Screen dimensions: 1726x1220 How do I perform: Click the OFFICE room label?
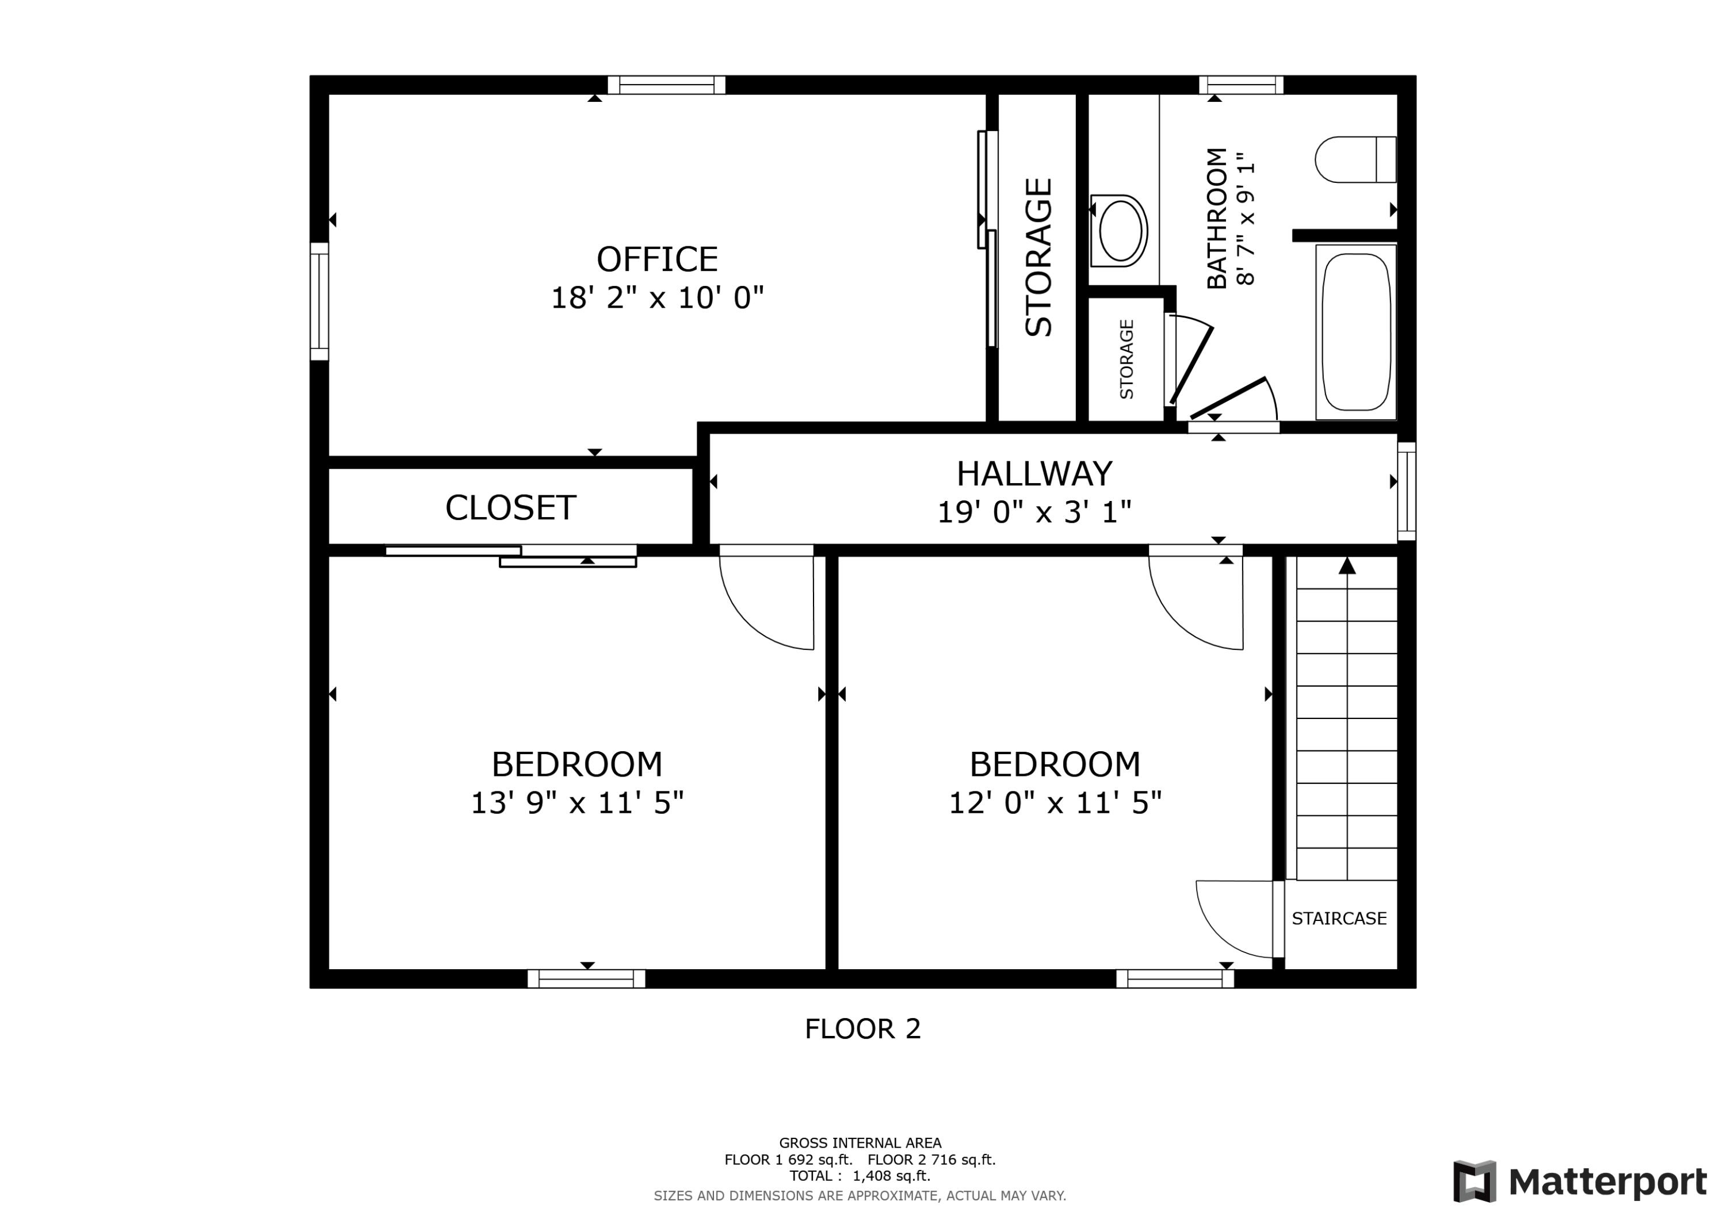pos(657,259)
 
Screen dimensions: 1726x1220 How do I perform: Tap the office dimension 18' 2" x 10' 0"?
pos(657,299)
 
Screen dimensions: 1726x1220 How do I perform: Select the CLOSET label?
pos(510,508)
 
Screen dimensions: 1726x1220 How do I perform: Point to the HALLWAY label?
pos(1034,473)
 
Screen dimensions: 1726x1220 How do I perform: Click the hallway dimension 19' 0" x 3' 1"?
pos(1034,513)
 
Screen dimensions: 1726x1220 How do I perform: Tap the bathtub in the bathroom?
pos(1355,331)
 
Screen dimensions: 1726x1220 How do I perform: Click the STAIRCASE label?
pos(1339,918)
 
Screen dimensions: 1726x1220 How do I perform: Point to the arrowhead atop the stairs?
pos(1347,565)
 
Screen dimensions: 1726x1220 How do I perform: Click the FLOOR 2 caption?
pos(862,1028)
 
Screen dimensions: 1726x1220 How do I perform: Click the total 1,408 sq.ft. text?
pos(859,1176)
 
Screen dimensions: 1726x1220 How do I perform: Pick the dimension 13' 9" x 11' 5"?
pos(576,803)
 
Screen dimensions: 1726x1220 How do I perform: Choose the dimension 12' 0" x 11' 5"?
pos(1055,803)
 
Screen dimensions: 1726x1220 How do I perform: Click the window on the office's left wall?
pos(319,301)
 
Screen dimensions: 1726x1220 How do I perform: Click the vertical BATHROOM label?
pos(1216,218)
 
